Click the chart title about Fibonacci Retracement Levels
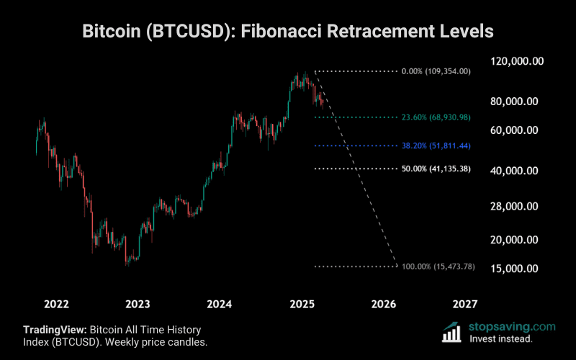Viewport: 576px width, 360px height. point(288,32)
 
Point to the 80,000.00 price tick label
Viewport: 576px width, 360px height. point(514,102)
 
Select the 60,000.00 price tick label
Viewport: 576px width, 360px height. point(514,130)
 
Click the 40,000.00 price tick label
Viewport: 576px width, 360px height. point(514,171)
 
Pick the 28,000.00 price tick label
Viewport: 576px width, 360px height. point(514,207)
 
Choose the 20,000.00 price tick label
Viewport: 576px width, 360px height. point(514,240)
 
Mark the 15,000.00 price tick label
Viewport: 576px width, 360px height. point(514,269)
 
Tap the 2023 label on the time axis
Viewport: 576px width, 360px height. point(138,304)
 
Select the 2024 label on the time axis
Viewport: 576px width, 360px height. point(220,304)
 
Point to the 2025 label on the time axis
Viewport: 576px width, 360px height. point(302,304)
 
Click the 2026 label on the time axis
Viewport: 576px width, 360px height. point(384,304)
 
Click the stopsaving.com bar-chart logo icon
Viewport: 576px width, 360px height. point(452,332)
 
